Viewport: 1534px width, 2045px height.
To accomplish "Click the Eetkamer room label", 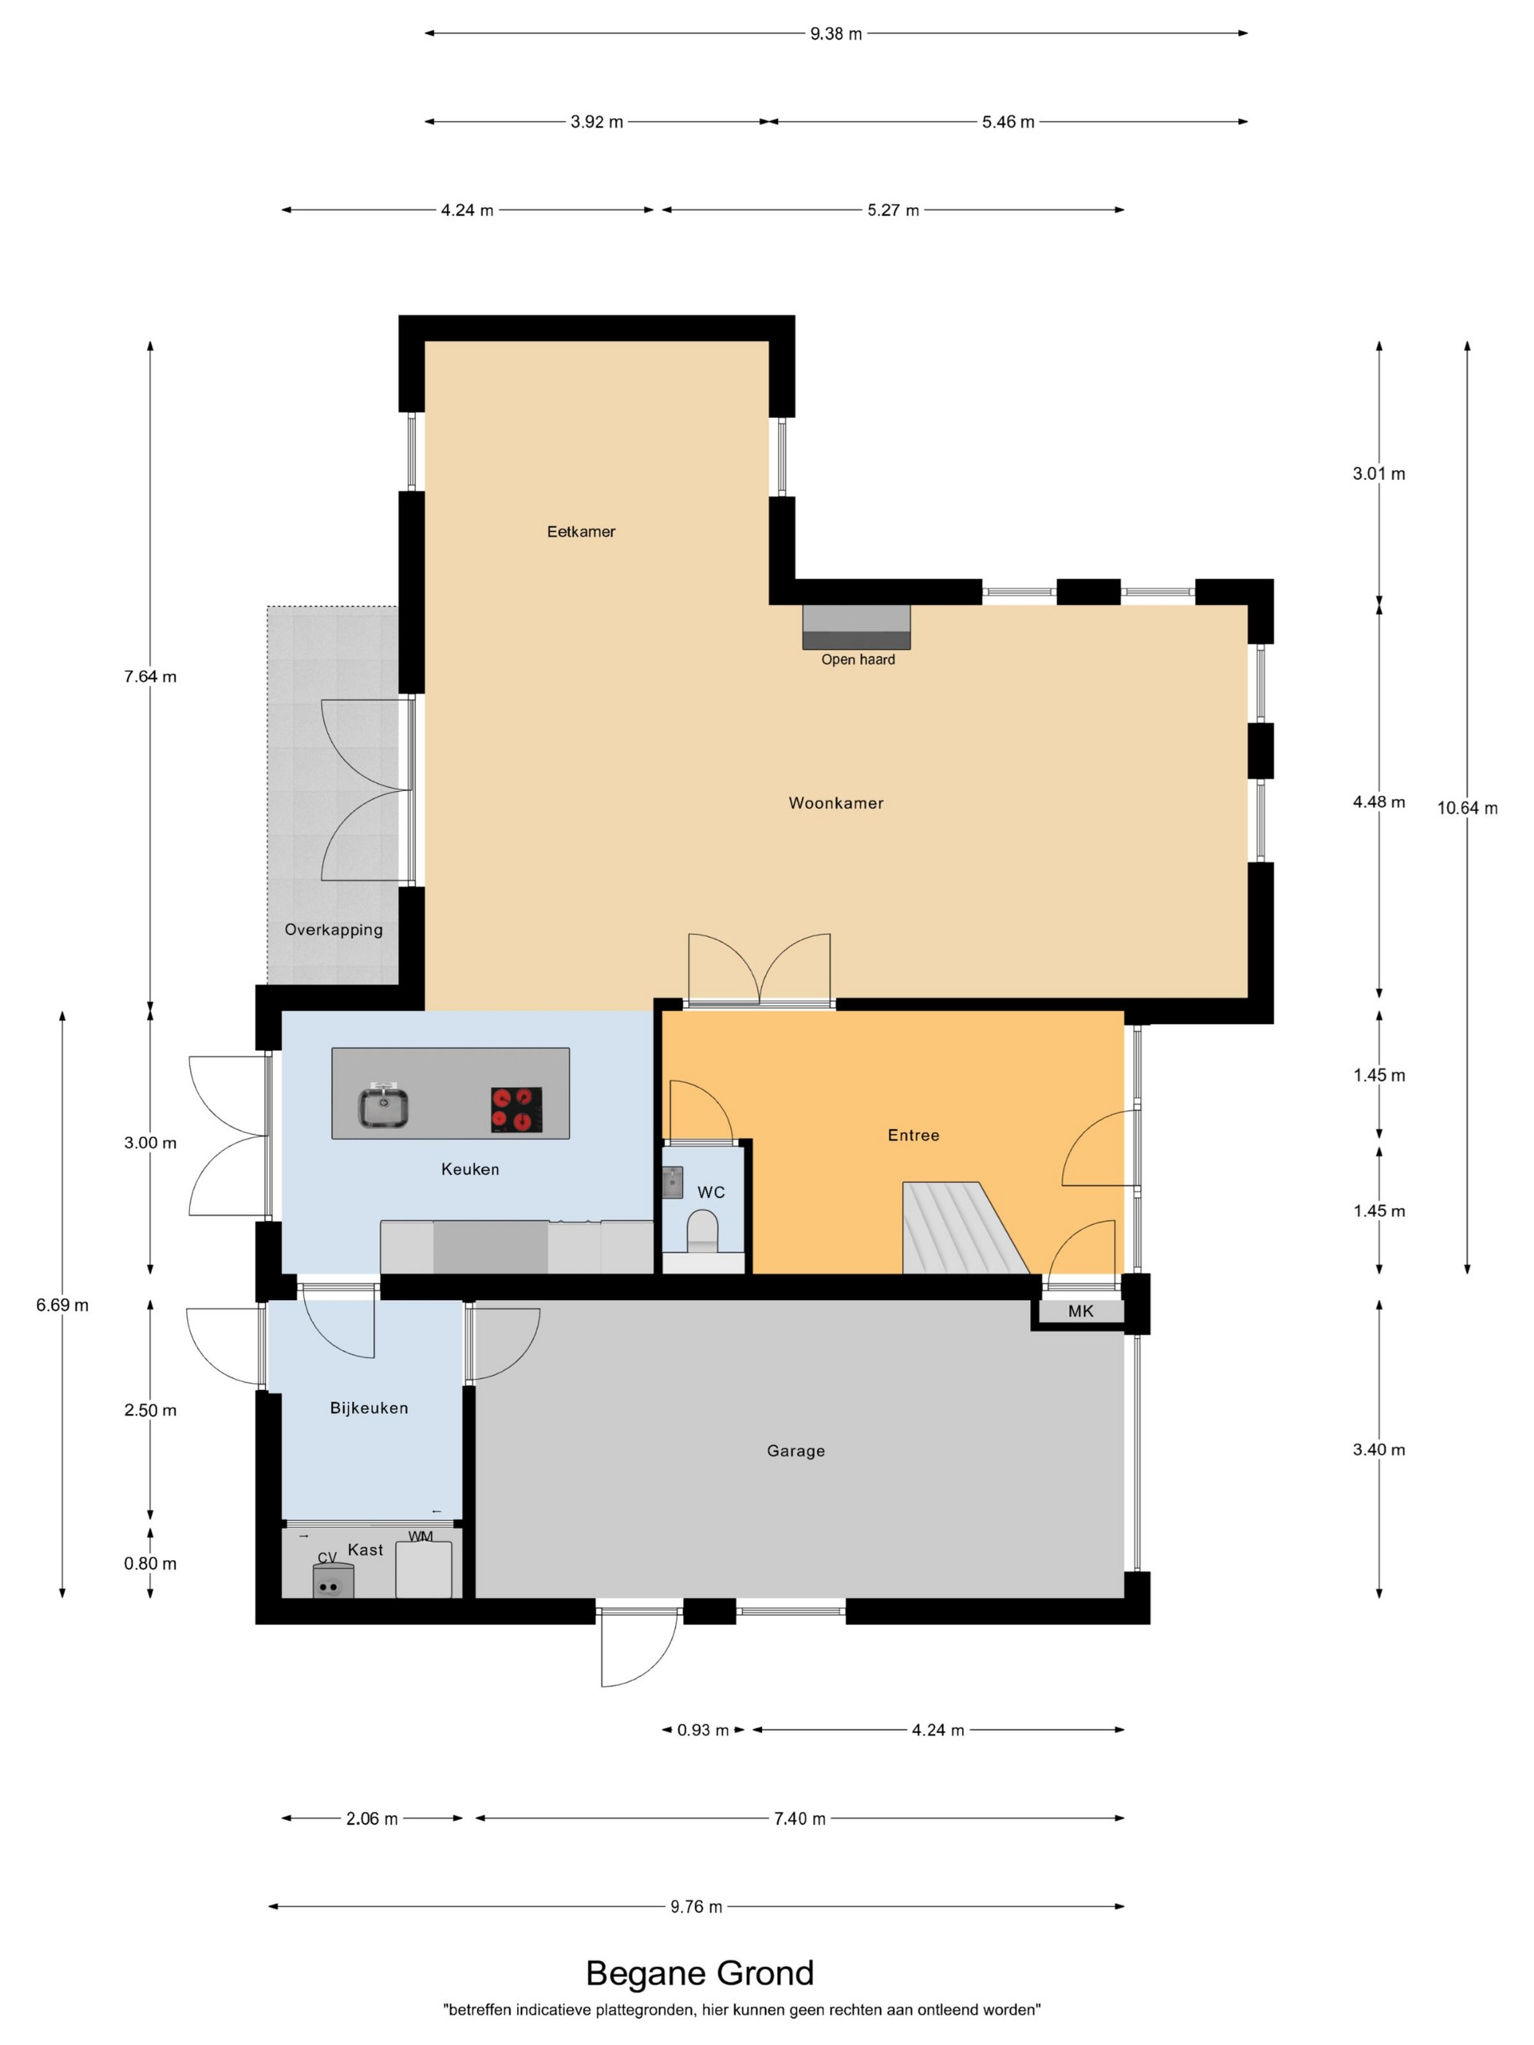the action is click(x=581, y=532).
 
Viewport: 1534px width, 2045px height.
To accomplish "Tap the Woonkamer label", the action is click(x=836, y=803).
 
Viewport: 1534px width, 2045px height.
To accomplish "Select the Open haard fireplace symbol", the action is click(x=856, y=627).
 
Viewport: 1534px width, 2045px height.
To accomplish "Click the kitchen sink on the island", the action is click(x=383, y=1105).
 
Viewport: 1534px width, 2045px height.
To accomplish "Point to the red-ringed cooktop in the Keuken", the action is click(x=516, y=1109).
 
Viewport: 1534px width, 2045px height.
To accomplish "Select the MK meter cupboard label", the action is click(x=1080, y=1311).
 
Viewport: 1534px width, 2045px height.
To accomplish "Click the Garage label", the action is click(x=795, y=1451).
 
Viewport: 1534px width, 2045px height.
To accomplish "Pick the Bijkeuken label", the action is click(x=369, y=1408).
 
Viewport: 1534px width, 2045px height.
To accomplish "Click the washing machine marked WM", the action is click(x=424, y=1569).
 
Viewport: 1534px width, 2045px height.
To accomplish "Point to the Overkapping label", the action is click(x=334, y=930).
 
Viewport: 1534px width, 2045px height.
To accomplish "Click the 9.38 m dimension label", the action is click(x=836, y=34).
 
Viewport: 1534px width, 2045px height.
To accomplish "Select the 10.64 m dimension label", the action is click(x=1468, y=808).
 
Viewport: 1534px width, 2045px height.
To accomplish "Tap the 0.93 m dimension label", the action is click(x=703, y=1729).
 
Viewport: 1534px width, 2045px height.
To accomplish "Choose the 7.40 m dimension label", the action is click(x=800, y=1819).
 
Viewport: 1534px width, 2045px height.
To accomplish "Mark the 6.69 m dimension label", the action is click(x=63, y=1305).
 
